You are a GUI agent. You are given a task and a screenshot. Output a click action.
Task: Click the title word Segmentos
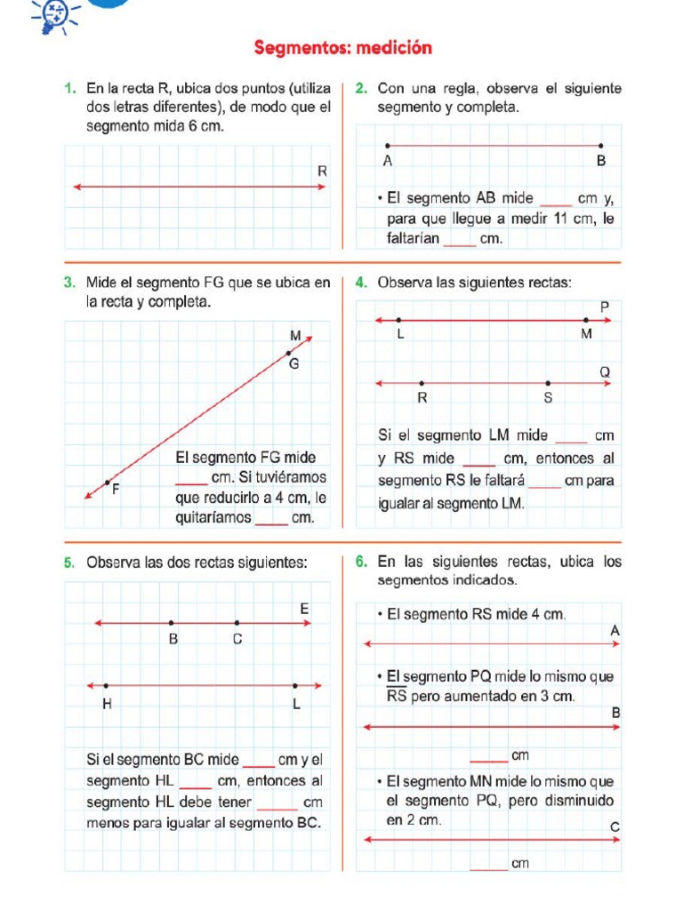[301, 48]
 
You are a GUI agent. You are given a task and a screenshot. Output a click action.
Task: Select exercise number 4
[360, 283]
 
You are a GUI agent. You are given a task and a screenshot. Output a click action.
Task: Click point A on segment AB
[387, 146]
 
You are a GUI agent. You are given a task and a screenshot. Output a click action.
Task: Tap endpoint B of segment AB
[601, 146]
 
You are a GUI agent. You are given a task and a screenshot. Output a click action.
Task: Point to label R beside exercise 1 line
[322, 171]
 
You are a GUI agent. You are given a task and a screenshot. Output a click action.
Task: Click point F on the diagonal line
[108, 483]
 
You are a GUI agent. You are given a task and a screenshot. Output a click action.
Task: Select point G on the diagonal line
[288, 354]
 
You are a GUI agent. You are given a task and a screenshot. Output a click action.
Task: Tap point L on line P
[398, 320]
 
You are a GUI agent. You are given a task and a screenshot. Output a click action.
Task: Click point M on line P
[586, 320]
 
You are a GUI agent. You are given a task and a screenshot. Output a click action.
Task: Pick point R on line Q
[422, 384]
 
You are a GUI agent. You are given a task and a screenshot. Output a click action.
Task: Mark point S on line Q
[548, 384]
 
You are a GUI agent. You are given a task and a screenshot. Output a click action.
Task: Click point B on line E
[172, 623]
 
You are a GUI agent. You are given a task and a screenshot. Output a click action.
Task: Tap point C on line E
[237, 623]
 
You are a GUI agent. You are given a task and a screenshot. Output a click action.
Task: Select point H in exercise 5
[106, 685]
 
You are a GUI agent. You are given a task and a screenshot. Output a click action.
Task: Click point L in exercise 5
[295, 685]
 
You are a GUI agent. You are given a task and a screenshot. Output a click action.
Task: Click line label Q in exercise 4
[605, 371]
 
